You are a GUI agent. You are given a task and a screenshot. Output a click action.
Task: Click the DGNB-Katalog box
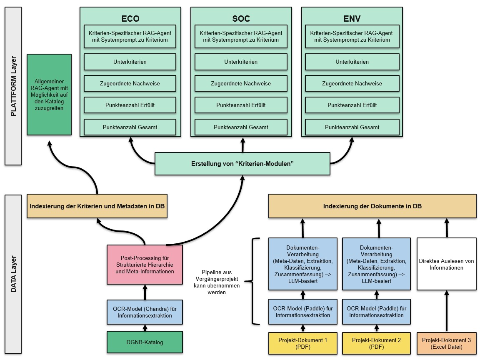[x=145, y=342]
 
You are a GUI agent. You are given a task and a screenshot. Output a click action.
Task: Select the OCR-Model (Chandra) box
[x=145, y=312]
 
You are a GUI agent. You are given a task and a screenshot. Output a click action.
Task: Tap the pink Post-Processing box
[x=145, y=265]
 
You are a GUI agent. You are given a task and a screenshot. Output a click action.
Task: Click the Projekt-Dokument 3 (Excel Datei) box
[x=447, y=343]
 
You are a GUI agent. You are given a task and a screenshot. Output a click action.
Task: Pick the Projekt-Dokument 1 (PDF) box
[x=303, y=343]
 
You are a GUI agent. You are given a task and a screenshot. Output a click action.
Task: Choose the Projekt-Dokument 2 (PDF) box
[x=377, y=343]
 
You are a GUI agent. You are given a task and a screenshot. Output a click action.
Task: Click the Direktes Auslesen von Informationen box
[x=447, y=264]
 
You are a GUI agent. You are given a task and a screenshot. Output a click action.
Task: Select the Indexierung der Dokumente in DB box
[x=372, y=206]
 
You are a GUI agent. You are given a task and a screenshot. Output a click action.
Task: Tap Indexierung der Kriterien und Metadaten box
[x=97, y=206]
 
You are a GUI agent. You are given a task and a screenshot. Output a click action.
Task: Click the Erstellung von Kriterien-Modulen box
[x=242, y=164]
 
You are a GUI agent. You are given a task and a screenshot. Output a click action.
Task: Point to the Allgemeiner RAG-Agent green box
[x=49, y=95]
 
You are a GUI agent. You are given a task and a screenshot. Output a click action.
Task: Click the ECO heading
[x=130, y=19]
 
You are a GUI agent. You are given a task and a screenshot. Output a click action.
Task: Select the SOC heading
[x=241, y=19]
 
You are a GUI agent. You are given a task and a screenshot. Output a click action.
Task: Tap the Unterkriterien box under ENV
[x=352, y=62]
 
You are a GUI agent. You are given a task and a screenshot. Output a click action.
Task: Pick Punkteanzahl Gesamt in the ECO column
[x=130, y=127]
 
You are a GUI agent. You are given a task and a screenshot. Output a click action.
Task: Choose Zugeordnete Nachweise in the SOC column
[x=241, y=83]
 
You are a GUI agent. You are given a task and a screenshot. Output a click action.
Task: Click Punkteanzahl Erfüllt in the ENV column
[x=352, y=105]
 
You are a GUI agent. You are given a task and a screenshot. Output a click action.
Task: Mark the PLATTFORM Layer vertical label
[x=13, y=86]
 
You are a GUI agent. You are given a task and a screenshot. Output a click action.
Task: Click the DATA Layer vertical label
[x=13, y=274]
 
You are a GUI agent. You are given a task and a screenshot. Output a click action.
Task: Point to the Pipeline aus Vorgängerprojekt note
[x=217, y=282]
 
